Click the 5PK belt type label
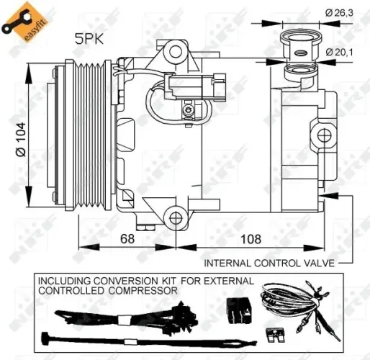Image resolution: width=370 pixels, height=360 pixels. [89, 41]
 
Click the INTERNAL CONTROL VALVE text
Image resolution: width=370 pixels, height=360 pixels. [269, 263]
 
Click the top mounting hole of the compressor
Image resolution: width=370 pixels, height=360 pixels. [173, 50]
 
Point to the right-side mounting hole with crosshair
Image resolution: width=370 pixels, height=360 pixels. [323, 135]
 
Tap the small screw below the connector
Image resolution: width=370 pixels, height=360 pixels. [189, 110]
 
